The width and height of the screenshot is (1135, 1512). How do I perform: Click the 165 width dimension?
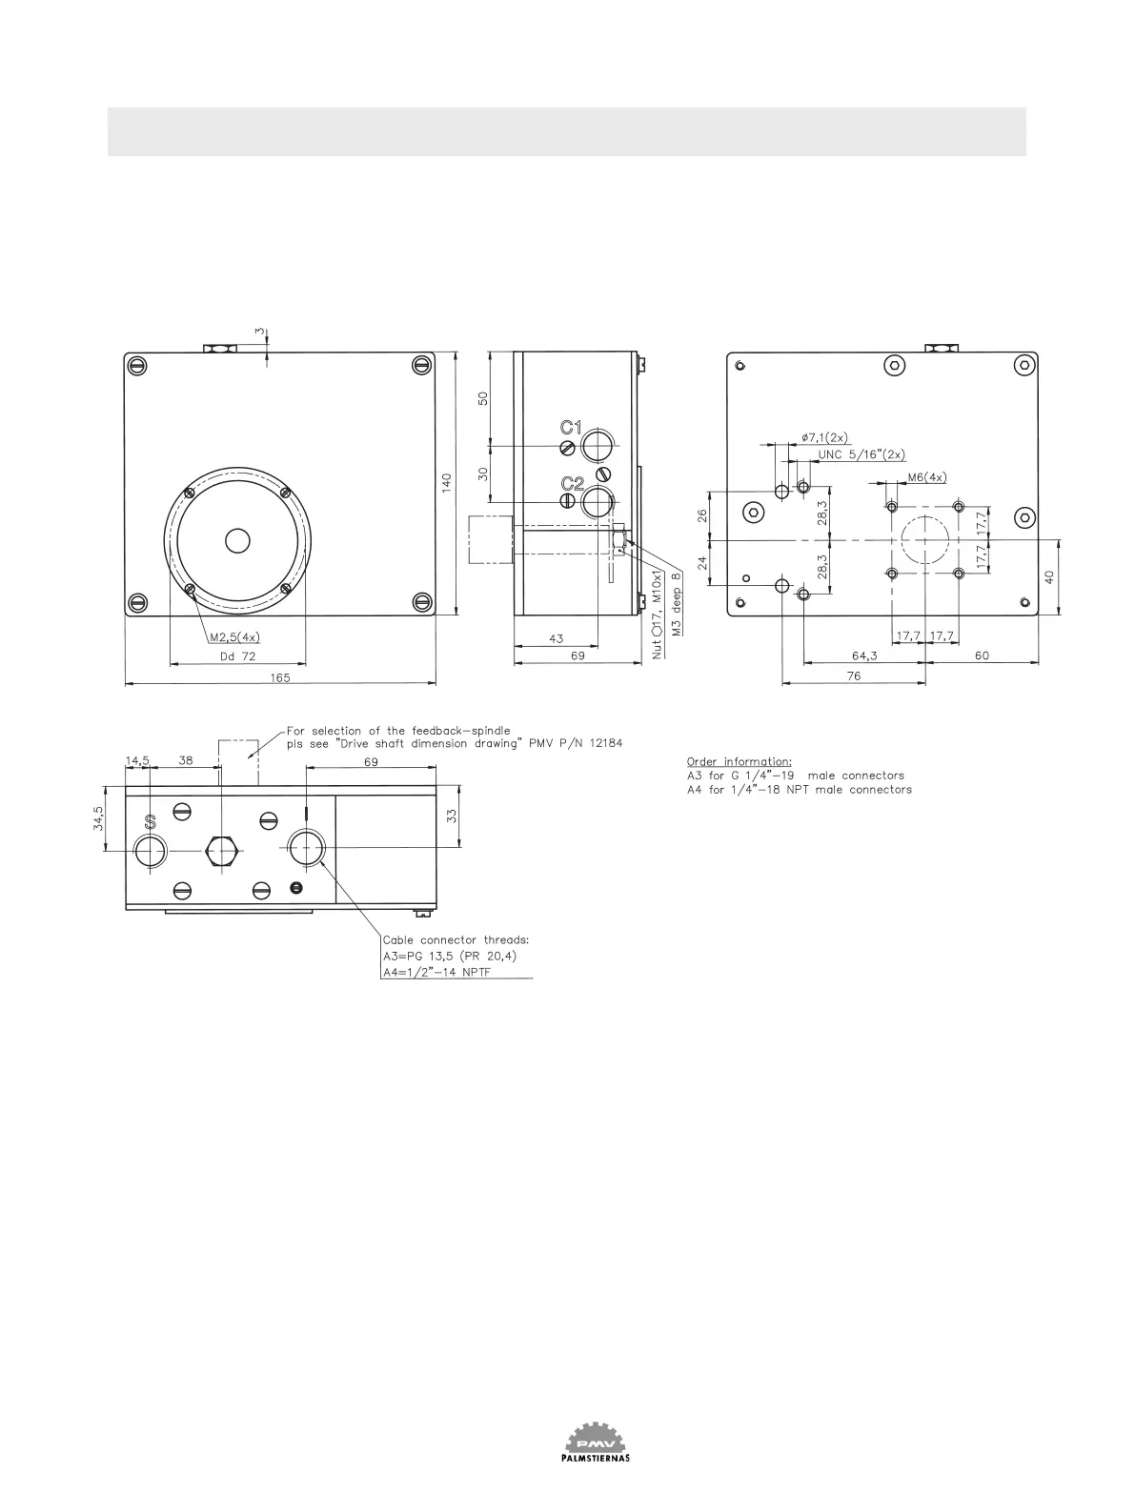tap(280, 677)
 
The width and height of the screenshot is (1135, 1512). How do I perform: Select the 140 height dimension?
tap(447, 482)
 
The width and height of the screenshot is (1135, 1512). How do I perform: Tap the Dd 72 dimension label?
tap(237, 656)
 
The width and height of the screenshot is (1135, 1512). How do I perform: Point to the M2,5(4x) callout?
tap(234, 637)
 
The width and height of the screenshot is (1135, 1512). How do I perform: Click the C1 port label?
tap(571, 429)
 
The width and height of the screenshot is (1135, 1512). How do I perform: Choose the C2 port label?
tap(573, 484)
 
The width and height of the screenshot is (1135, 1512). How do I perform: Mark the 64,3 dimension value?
tap(864, 655)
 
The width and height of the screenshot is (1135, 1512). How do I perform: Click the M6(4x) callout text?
tap(927, 477)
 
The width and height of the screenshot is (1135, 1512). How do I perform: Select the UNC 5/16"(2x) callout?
tap(861, 454)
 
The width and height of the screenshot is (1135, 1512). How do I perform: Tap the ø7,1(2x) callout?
tap(825, 437)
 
